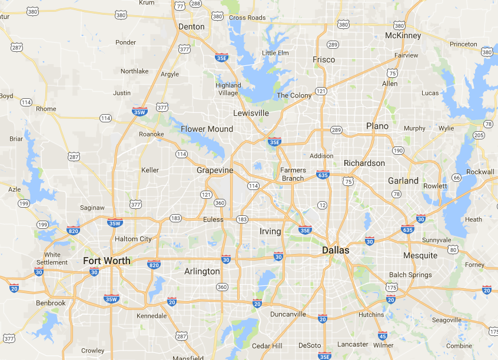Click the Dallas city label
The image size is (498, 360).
pyautogui.click(x=336, y=250)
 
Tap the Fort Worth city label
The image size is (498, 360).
pyautogui.click(x=107, y=261)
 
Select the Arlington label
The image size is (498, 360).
pyautogui.click(x=202, y=271)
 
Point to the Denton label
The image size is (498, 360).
pyautogui.click(x=191, y=26)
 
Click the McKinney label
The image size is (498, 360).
pyautogui.click(x=403, y=35)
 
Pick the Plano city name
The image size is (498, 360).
pyautogui.click(x=377, y=126)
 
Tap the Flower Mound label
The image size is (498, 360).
pyautogui.click(x=207, y=129)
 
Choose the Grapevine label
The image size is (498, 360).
pyautogui.click(x=215, y=170)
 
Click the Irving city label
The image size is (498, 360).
pyautogui.click(x=270, y=231)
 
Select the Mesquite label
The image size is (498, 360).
pyautogui.click(x=420, y=255)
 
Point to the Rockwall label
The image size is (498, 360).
pyautogui.click(x=480, y=172)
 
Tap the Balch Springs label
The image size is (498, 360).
pyautogui.click(x=410, y=275)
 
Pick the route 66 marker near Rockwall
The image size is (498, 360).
pyautogui.click(x=456, y=177)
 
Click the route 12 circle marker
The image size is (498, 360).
pyautogui.click(x=322, y=205)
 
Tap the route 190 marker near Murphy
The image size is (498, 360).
pyautogui.click(x=399, y=150)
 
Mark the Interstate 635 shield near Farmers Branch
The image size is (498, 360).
pyautogui.click(x=323, y=175)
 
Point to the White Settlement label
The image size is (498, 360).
pyautogui.click(x=52, y=258)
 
